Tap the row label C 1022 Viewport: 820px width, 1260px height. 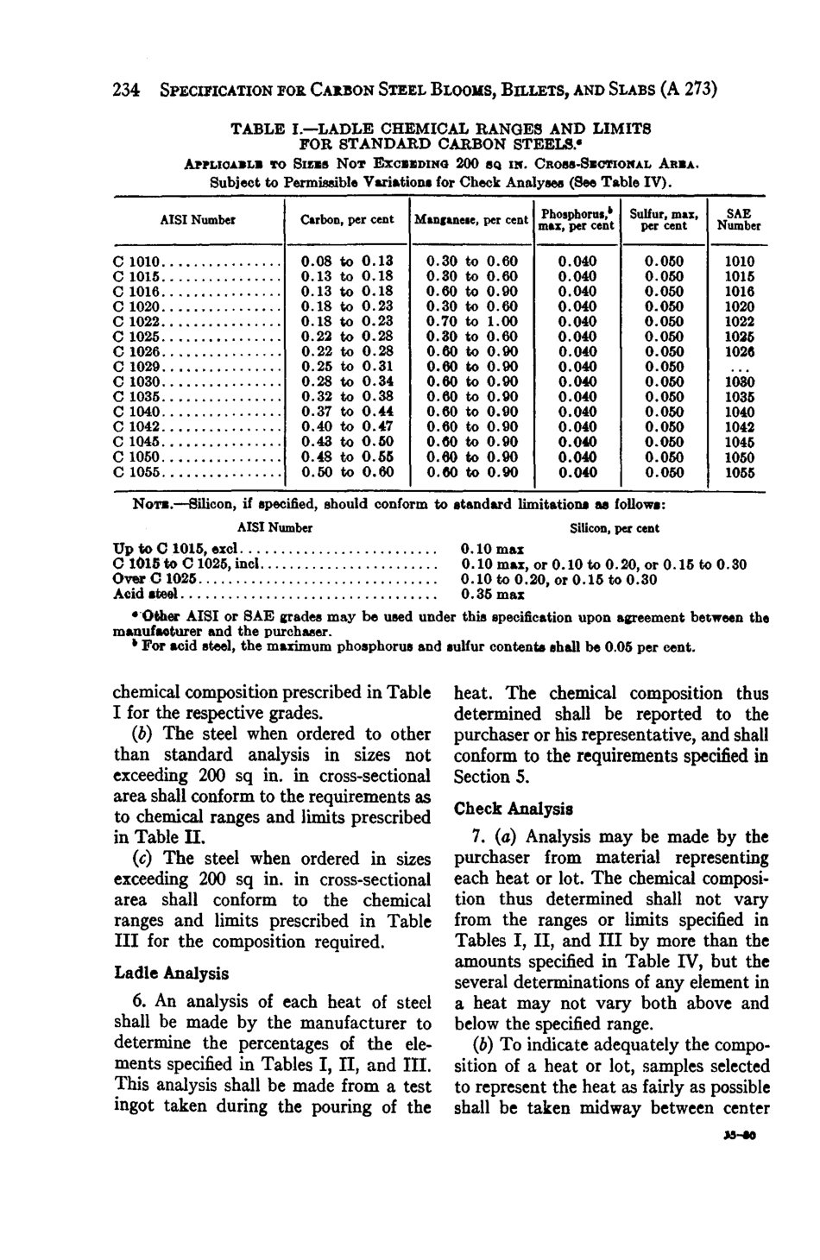(131, 321)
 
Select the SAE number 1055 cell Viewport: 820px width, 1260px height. (738, 472)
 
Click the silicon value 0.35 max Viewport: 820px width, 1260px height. (493, 595)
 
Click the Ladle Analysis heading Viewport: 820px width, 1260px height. (172, 973)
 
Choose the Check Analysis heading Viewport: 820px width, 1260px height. (513, 809)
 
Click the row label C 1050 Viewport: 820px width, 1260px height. (131, 457)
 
